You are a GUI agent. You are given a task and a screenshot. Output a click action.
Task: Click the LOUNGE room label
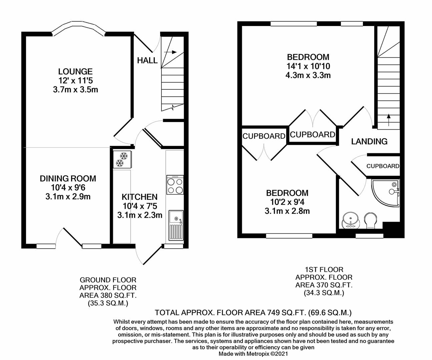(75, 71)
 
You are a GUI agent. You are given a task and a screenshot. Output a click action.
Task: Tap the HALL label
(147, 60)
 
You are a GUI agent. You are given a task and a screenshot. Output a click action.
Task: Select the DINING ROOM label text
(68, 179)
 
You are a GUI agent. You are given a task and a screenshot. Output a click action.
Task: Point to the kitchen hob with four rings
(175, 185)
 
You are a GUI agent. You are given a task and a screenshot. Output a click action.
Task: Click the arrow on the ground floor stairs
(170, 52)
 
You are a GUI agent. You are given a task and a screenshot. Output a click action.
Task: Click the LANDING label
(369, 141)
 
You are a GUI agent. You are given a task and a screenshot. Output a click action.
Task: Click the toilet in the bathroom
(371, 221)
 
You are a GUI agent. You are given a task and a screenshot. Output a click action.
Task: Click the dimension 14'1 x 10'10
(308, 66)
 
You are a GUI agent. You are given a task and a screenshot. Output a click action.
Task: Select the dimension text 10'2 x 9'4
(287, 202)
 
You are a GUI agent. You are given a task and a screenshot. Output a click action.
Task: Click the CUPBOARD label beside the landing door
(383, 166)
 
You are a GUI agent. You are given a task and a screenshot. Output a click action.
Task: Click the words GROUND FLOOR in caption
(108, 280)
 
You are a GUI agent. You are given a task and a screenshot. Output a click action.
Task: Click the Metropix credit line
(253, 354)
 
